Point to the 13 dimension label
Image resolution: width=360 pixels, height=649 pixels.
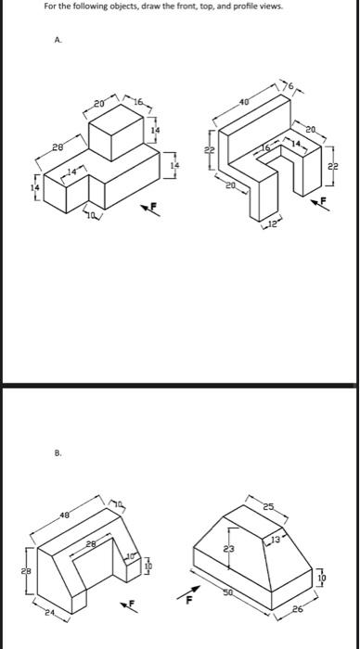[x=301, y=539]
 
